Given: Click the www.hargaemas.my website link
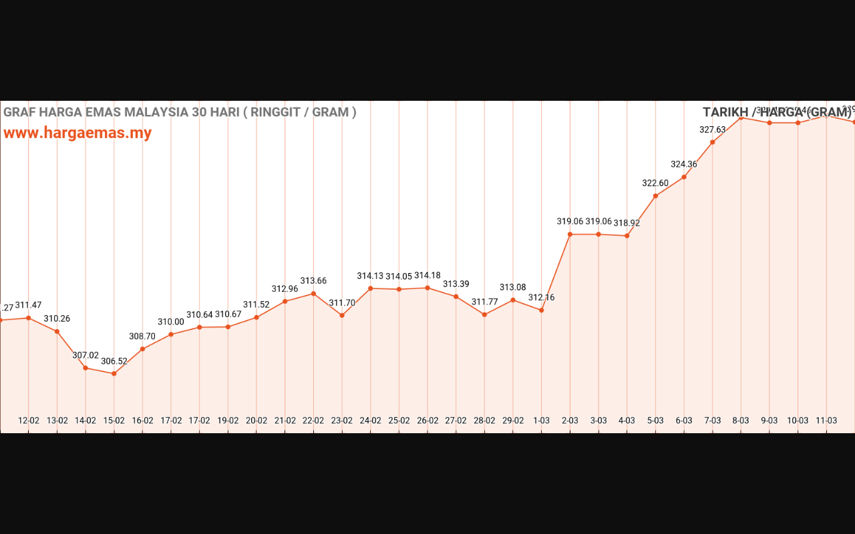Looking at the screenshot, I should (77, 133).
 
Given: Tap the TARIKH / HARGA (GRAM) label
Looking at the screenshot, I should (777, 112).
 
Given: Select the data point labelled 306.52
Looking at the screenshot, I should (114, 374).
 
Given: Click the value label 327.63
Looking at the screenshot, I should (712, 130).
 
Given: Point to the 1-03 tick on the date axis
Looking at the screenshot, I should (541, 421).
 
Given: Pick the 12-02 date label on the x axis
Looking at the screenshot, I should (29, 421).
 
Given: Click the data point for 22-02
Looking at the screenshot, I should (313, 294).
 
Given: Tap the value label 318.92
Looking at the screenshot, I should (627, 224).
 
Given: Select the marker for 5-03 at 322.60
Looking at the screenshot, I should (655, 196).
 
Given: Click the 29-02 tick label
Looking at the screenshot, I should (513, 421).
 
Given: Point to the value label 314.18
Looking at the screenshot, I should (427, 276).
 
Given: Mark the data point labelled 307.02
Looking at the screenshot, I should (85, 368).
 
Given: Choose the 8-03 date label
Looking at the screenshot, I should (741, 421).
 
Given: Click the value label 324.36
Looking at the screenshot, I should (684, 164).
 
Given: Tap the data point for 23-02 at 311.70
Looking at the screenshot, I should (342, 315).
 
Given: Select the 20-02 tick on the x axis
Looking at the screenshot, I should (256, 421).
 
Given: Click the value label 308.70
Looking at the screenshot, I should (142, 337).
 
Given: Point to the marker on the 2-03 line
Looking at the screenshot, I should (570, 234).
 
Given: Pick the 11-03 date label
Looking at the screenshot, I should (826, 421).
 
